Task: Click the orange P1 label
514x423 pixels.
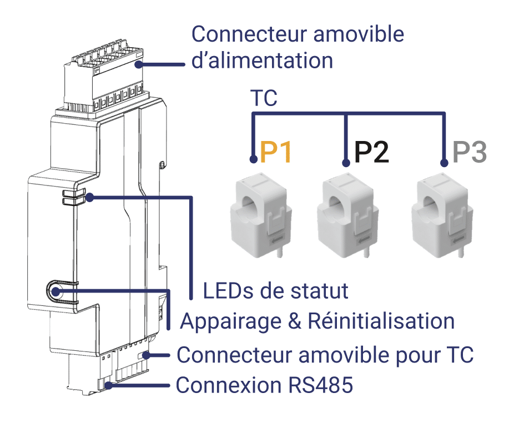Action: coord(275,152)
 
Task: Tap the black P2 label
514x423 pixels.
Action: coord(371,152)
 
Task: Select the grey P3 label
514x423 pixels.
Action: coord(470,152)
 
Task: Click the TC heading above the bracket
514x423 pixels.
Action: coord(264,98)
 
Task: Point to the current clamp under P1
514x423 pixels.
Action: coord(260,215)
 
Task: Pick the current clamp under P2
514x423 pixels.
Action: coord(347,215)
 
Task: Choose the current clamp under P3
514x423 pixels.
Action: coord(442,215)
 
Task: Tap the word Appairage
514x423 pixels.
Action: coord(231,322)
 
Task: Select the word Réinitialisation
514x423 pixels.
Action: coord(381,321)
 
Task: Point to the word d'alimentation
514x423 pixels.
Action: coord(262,61)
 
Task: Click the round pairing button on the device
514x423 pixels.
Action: coord(56,291)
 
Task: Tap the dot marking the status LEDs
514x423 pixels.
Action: coord(89,198)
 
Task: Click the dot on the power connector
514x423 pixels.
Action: coord(139,64)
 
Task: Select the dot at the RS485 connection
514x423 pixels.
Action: coord(109,385)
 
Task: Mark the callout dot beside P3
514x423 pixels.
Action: coord(444,163)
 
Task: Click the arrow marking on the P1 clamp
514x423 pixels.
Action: coord(276,242)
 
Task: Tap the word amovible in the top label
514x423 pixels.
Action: coord(359,34)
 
